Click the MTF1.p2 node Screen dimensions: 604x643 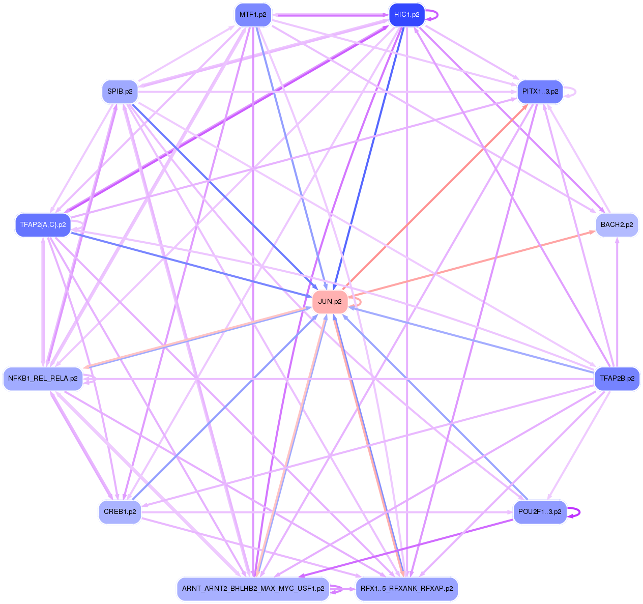253,15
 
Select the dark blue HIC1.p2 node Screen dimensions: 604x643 406,15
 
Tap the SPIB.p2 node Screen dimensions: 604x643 120,92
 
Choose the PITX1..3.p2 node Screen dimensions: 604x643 540,92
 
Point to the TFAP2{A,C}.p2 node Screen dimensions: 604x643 43,225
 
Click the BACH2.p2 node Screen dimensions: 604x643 617,225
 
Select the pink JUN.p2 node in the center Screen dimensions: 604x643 330,302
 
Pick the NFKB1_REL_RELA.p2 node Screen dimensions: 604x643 43,379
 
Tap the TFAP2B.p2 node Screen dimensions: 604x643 617,379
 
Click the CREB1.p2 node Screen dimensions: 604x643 120,512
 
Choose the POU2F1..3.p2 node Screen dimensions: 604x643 540,512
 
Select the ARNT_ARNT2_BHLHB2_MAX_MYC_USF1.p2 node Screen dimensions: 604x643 253,589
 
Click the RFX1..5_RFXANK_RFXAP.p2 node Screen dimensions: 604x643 406,589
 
